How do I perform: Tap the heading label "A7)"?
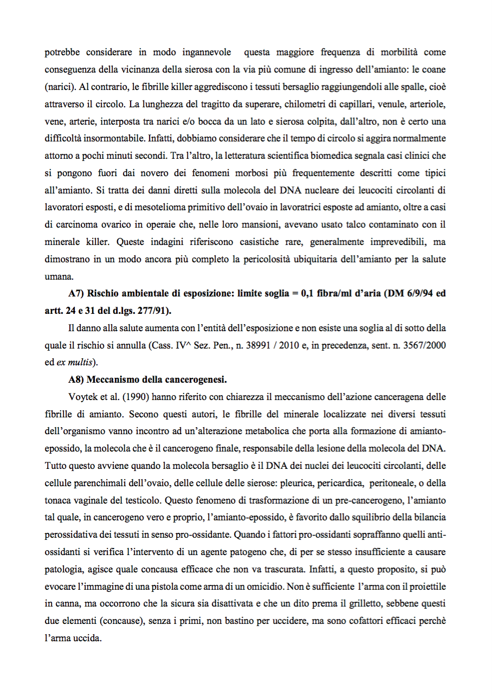(x=77, y=293)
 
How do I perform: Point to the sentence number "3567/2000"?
(x=426, y=345)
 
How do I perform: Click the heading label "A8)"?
(x=77, y=379)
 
